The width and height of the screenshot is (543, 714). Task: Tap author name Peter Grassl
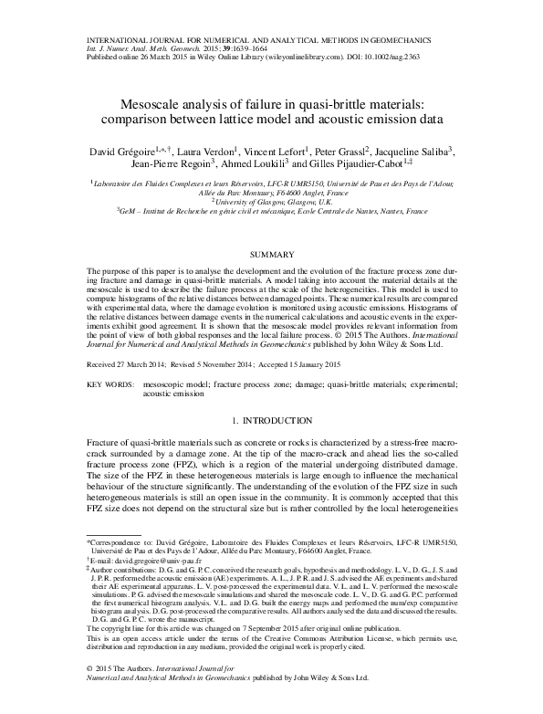click(x=337, y=150)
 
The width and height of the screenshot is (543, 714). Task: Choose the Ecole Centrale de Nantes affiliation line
click(x=271, y=211)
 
